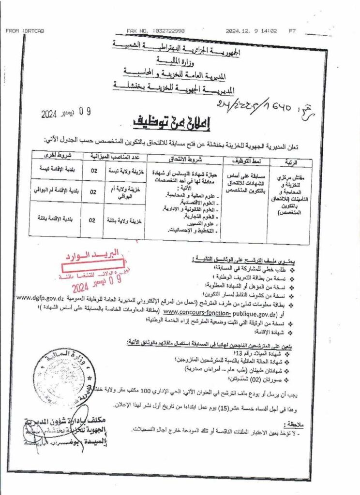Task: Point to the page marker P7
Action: (x=292, y=31)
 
